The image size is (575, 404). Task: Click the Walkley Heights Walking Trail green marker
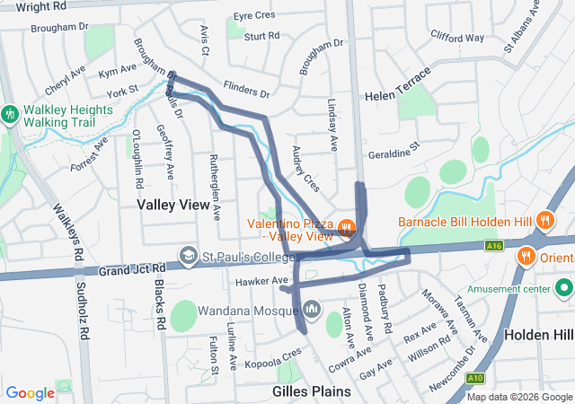tap(10, 114)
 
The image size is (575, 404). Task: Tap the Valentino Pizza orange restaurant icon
tap(348, 225)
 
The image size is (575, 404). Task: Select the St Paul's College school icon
tap(188, 256)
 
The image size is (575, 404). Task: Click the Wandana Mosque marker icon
tap(311, 310)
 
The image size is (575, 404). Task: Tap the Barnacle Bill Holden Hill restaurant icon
tap(544, 220)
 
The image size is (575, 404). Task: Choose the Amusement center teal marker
tap(564, 288)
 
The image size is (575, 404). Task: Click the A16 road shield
tap(491, 244)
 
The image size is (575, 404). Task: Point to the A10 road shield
tap(474, 379)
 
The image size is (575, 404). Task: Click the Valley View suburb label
tap(173, 205)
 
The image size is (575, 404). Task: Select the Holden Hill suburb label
tap(538, 334)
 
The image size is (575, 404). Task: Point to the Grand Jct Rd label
tap(132, 269)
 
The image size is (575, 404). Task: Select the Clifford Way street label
tap(457, 39)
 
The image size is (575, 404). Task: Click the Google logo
tap(31, 392)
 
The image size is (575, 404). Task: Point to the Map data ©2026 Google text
tap(519, 397)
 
